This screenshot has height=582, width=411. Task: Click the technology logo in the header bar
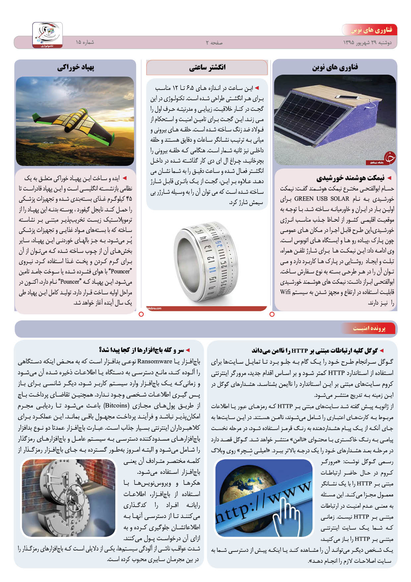pos(47,35)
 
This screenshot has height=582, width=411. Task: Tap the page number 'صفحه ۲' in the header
pos(214,43)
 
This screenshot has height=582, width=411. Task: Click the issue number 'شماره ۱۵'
pos(85,42)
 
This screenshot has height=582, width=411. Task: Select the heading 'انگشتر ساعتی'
pos(207,67)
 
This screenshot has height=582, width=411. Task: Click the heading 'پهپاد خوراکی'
pos(76,67)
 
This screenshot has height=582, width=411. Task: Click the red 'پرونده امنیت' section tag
pos(369,328)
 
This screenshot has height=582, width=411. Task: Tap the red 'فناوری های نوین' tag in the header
pos(371,30)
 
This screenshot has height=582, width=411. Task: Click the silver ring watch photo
pos(206,262)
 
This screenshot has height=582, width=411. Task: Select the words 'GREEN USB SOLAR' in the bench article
pos(322,199)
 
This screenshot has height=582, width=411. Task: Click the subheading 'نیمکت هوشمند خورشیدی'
pos(350,178)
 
